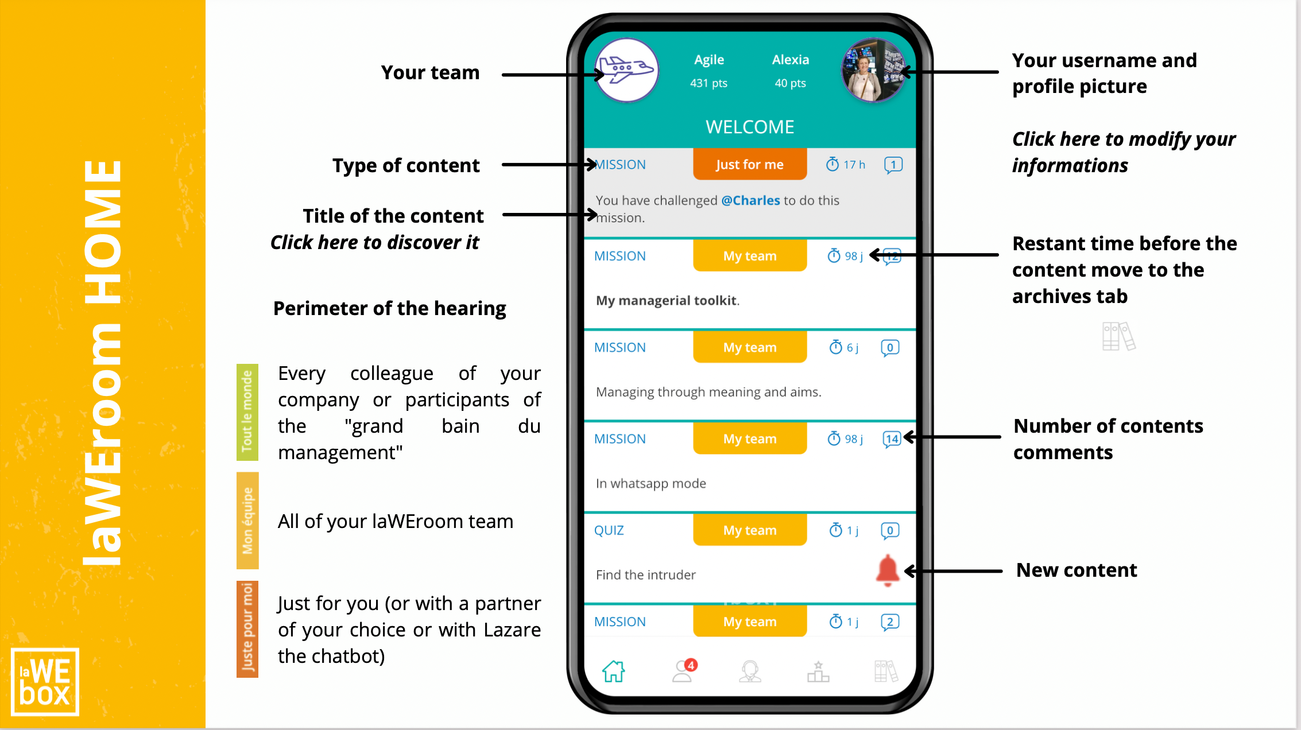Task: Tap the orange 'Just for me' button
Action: point(749,165)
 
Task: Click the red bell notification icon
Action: point(887,570)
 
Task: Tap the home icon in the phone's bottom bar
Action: point(613,671)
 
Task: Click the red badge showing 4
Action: point(691,665)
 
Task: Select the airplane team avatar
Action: point(627,71)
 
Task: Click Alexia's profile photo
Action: point(873,71)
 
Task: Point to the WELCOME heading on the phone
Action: point(750,127)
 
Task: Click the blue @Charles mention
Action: point(750,200)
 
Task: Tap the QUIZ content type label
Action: point(609,530)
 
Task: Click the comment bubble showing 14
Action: point(892,439)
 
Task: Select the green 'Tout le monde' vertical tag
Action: point(247,411)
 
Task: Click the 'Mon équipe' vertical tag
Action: point(247,520)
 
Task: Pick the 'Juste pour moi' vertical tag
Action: point(247,628)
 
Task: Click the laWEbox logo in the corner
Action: point(45,681)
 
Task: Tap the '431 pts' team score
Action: point(708,83)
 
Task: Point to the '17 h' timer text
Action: point(854,165)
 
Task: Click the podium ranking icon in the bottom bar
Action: point(818,671)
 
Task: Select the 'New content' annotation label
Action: point(1076,570)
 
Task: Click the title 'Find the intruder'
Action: point(645,575)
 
